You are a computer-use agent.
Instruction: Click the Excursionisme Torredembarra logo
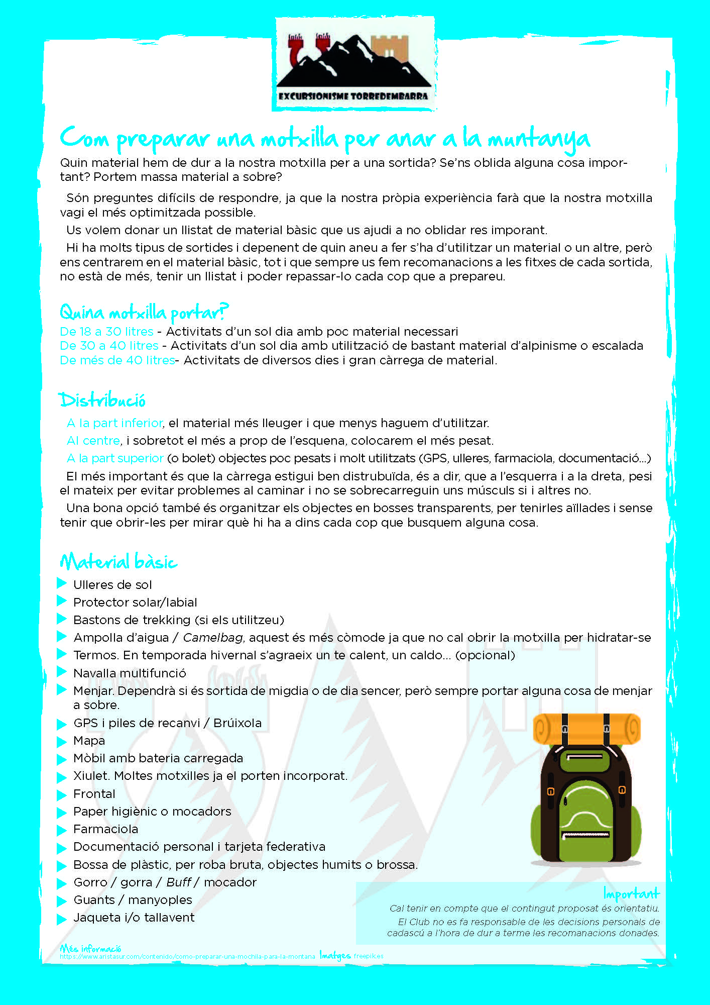354,64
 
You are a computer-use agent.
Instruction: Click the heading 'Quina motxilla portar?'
144,313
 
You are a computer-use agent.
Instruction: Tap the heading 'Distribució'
102,400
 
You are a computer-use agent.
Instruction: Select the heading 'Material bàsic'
119,562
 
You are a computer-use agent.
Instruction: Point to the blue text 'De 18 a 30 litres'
106,332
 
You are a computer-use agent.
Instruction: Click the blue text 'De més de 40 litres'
117,360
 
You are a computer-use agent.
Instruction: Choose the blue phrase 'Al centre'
93,441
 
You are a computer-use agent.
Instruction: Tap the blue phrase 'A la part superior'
115,458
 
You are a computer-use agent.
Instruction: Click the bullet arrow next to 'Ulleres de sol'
62,583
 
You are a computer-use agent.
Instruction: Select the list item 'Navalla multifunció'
130,673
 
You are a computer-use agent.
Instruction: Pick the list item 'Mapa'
89,741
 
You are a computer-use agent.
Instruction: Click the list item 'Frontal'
94,794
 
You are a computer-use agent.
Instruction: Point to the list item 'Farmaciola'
105,829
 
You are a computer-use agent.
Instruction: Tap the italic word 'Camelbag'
213,638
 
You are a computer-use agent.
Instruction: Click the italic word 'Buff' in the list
179,882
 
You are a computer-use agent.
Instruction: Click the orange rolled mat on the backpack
586,729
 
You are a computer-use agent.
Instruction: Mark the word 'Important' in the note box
631,894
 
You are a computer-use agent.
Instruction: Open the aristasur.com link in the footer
187,957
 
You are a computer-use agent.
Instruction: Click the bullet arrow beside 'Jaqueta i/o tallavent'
62,919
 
